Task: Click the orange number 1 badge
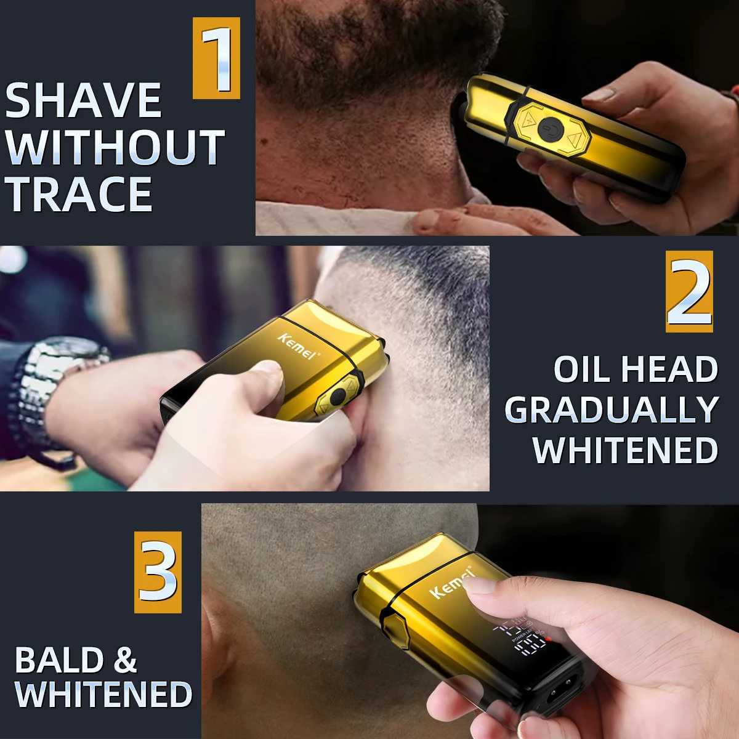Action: [216, 59]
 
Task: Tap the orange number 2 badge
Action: [689, 292]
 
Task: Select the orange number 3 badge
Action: [158, 572]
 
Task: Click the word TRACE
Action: [79, 194]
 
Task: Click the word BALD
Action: [60, 660]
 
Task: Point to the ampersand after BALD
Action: [125, 660]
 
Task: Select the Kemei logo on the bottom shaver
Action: [451, 584]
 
